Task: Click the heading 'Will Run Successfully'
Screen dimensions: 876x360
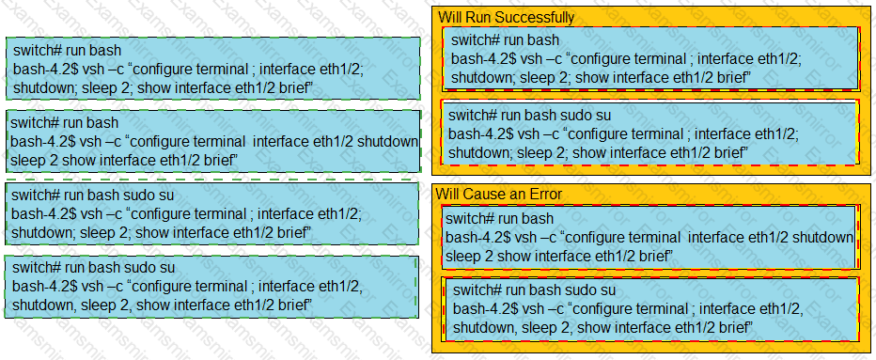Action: tap(507, 18)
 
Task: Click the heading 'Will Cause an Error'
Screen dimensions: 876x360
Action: tap(499, 194)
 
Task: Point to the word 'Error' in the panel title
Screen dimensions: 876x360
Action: tap(546, 194)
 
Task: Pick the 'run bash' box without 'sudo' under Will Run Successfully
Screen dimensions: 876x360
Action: tap(650, 58)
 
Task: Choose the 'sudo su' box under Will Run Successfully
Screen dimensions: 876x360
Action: tap(649, 133)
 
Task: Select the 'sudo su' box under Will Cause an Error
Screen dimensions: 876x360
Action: tap(650, 308)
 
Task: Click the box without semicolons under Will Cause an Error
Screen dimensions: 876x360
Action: tap(649, 237)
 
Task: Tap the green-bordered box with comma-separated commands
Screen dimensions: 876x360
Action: tap(211, 287)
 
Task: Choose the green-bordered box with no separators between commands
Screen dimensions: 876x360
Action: tap(212, 141)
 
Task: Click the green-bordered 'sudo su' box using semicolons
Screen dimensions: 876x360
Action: tap(211, 213)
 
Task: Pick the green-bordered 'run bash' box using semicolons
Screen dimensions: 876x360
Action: tap(212, 69)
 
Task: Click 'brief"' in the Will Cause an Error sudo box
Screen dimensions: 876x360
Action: tap(738, 326)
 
